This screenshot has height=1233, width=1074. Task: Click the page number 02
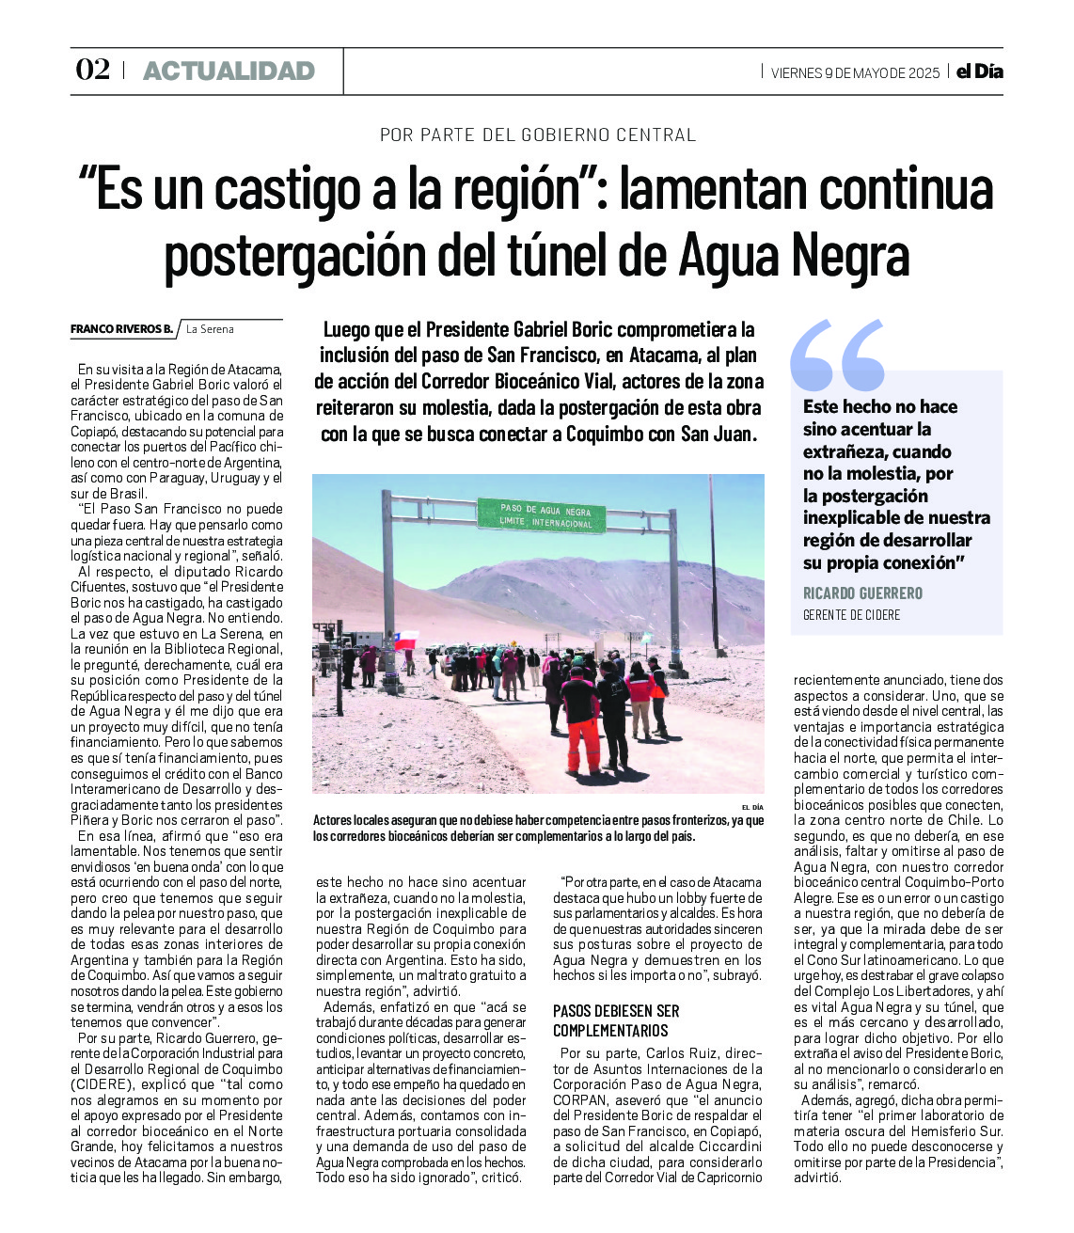point(92,71)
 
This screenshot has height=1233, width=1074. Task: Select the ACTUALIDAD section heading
point(229,71)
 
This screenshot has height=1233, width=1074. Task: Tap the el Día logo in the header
point(980,71)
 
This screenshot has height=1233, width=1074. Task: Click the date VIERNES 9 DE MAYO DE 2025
point(855,73)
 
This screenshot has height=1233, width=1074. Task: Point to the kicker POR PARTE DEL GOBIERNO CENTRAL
point(538,135)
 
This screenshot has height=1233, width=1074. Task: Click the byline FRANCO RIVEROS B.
point(121,329)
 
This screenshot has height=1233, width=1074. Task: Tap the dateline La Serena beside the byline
point(210,329)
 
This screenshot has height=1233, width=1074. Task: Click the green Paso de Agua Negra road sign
point(540,515)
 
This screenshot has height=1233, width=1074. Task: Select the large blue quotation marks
point(837,355)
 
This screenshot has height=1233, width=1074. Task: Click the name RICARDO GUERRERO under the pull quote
point(862,593)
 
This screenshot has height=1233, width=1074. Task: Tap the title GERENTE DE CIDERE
point(851,615)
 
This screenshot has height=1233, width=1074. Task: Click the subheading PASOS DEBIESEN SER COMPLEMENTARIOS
point(616,1020)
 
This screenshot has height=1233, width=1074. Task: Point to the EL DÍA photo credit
point(752,807)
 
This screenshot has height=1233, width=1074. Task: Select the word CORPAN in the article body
point(578,1099)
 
